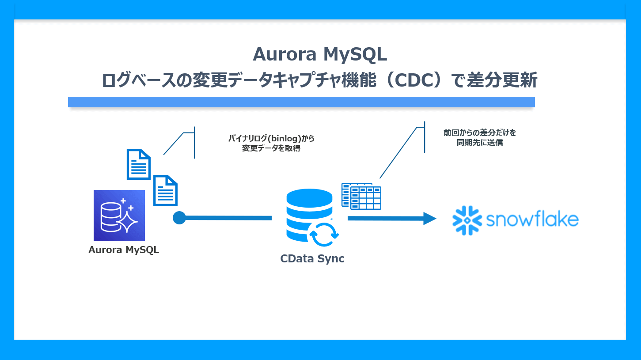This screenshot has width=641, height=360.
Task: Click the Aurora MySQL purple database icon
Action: pos(119,215)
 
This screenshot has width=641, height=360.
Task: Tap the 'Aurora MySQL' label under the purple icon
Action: pos(123,250)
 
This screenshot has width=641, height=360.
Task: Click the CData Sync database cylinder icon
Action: pos(309,212)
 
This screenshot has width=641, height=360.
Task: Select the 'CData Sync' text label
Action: pos(312,259)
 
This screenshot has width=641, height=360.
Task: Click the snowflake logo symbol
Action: pos(467,220)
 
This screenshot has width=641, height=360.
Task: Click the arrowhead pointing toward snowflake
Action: pos(429,218)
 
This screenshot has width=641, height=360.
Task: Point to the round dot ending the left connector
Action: pos(179,218)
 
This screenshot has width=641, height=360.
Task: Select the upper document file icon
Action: pos(139,164)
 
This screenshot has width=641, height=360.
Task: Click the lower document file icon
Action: pos(165,190)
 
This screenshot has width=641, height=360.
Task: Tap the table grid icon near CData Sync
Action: pos(361,196)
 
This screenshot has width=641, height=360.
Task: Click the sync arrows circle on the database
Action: pos(324,234)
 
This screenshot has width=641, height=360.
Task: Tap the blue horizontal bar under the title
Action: pos(301,102)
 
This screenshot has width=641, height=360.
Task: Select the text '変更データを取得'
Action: pos(271,148)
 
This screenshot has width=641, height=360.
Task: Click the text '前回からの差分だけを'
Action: pos(479,133)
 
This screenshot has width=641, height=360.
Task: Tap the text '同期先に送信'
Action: pos(479,143)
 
